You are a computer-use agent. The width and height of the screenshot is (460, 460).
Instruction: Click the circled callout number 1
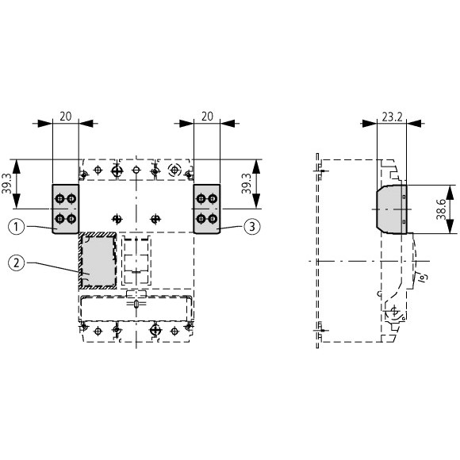point(17,227)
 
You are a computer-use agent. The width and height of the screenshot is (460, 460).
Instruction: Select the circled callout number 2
point(17,263)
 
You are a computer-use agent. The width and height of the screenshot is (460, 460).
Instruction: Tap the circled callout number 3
point(252,227)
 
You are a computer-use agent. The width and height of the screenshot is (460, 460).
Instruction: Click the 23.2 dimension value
point(393,117)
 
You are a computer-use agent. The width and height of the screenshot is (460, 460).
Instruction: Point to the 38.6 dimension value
point(441,209)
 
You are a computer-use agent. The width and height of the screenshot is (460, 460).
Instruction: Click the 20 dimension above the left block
point(65,117)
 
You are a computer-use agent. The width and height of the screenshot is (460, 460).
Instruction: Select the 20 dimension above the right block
point(207,117)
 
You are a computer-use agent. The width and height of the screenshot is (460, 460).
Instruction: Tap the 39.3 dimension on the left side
point(6,184)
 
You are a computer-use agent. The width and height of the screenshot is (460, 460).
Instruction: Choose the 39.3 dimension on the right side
point(246,184)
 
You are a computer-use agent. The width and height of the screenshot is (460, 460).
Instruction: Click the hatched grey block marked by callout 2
point(98,260)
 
